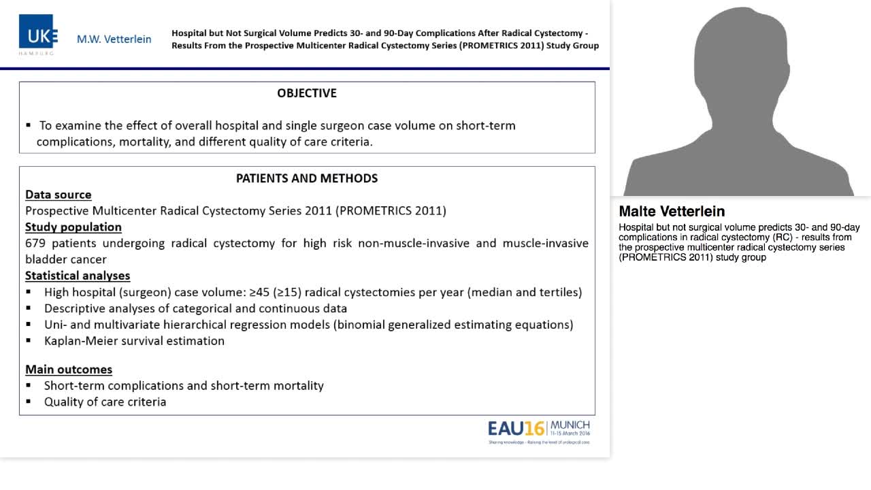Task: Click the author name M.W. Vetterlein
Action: point(114,39)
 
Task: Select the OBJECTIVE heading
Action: point(307,93)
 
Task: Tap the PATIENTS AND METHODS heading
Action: point(307,178)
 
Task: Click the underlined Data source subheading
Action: point(59,195)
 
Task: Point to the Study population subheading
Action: point(73,227)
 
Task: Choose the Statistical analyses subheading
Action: point(78,276)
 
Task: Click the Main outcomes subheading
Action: point(69,370)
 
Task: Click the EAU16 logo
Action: point(516,428)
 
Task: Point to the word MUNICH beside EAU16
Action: point(570,425)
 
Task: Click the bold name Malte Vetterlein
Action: point(672,212)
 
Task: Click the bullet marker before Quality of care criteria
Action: point(29,402)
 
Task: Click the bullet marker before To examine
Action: point(29,126)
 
